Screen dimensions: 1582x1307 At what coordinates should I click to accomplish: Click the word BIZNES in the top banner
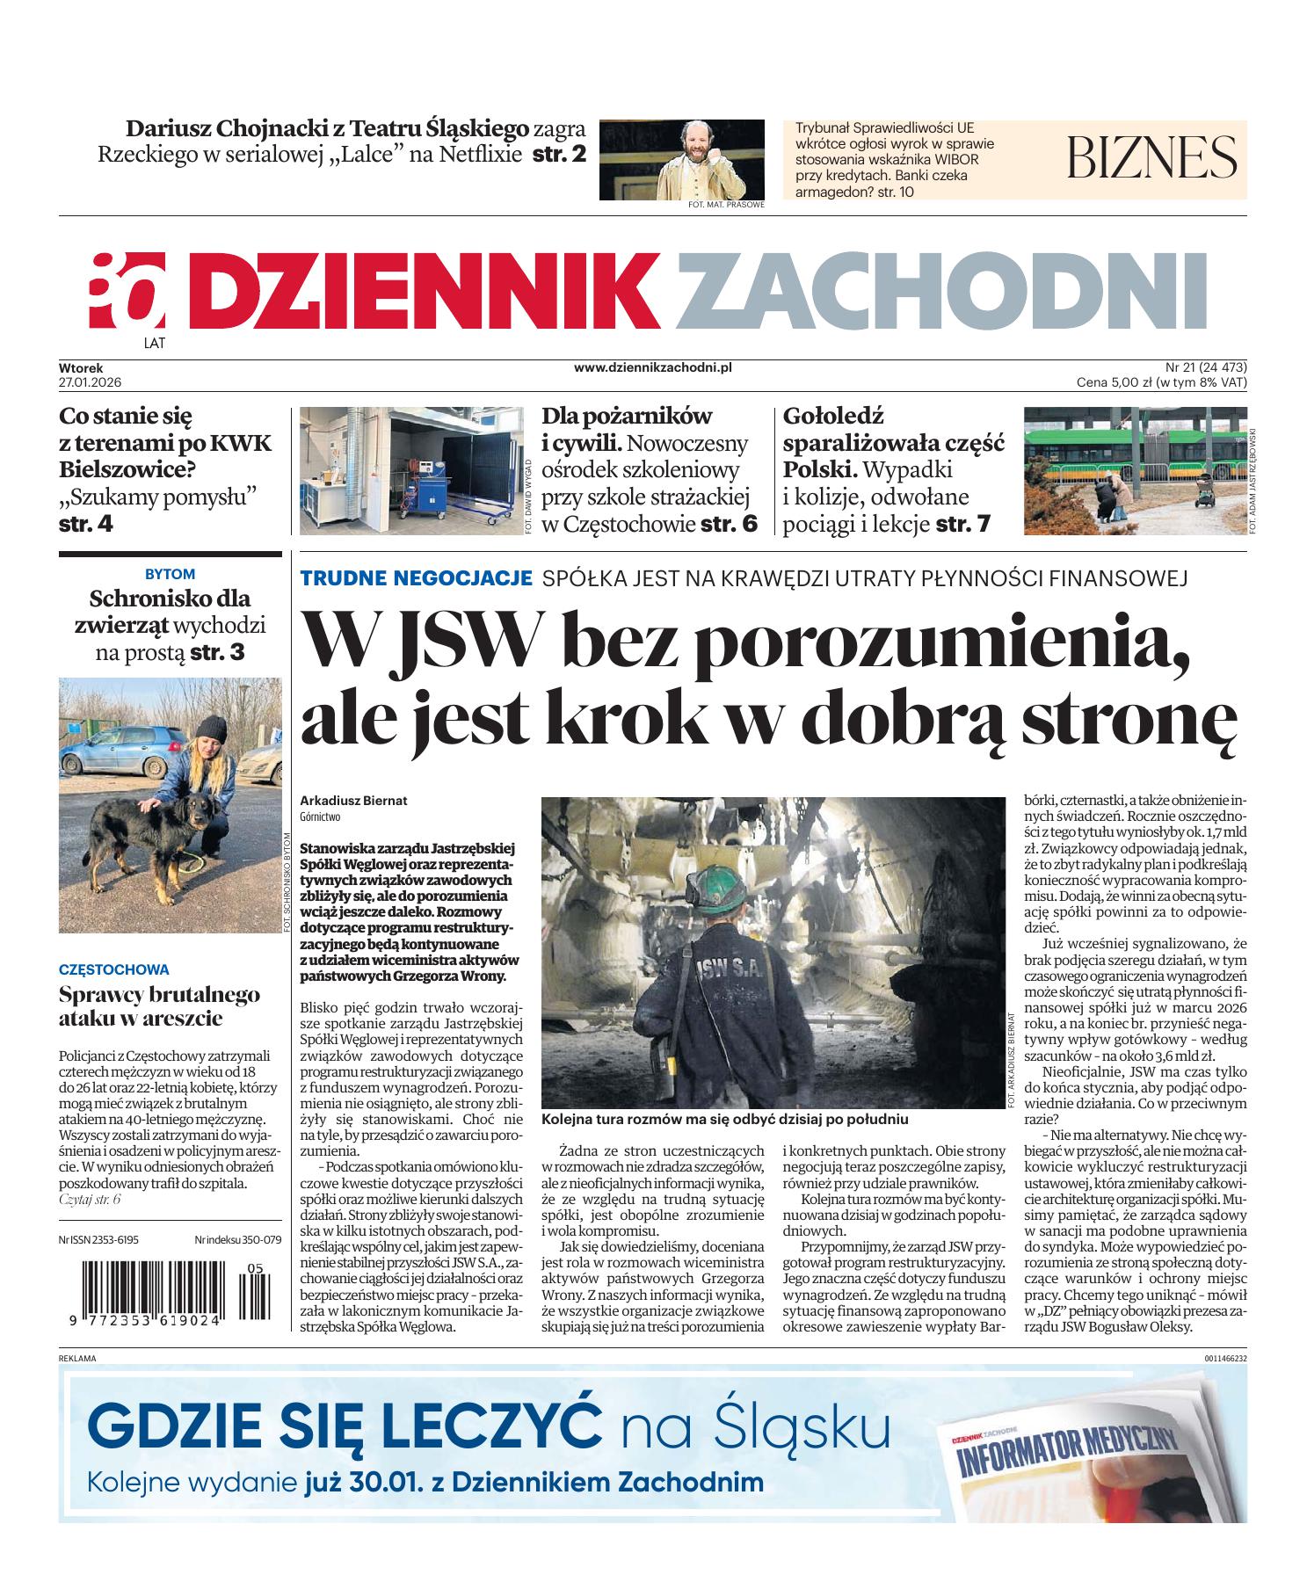coord(1151,158)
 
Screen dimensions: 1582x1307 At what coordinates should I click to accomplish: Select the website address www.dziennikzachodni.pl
coord(652,368)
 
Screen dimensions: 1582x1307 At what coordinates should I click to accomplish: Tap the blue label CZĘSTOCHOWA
coord(113,969)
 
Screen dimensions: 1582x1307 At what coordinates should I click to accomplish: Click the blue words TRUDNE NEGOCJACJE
coord(417,578)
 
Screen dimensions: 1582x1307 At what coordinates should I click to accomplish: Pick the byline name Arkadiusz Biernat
coord(353,801)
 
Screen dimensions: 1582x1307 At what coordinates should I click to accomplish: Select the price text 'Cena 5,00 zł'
coord(1114,382)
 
